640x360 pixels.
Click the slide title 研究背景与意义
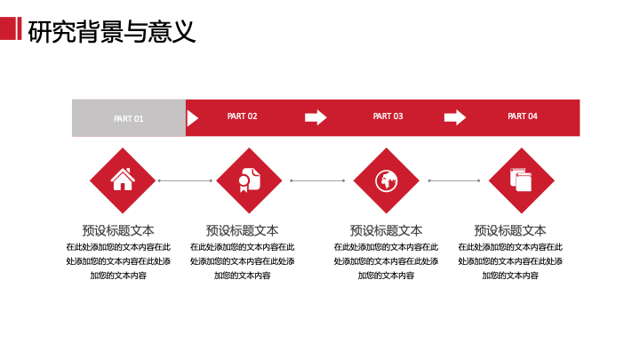[111, 31]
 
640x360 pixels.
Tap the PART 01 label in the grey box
[129, 119]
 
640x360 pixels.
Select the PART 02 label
[242, 116]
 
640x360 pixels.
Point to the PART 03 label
[388, 116]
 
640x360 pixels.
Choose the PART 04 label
[523, 116]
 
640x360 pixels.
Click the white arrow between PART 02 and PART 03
[316, 117]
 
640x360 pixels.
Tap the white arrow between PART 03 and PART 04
[455, 117]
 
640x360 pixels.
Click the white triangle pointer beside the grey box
[192, 118]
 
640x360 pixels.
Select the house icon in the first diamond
[123, 180]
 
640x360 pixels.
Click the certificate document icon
[250, 180]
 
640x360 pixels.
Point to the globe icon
[386, 180]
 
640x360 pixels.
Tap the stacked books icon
[521, 180]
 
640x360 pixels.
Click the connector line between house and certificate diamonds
[185, 180]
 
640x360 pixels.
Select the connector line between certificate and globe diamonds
[317, 180]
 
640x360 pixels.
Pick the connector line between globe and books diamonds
[454, 180]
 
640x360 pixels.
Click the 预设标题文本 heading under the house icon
[118, 230]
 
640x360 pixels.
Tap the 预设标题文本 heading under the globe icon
[386, 230]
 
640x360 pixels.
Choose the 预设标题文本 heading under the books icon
[510, 230]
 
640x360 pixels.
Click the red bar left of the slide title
[11, 28]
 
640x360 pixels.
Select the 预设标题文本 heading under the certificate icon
[242, 230]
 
